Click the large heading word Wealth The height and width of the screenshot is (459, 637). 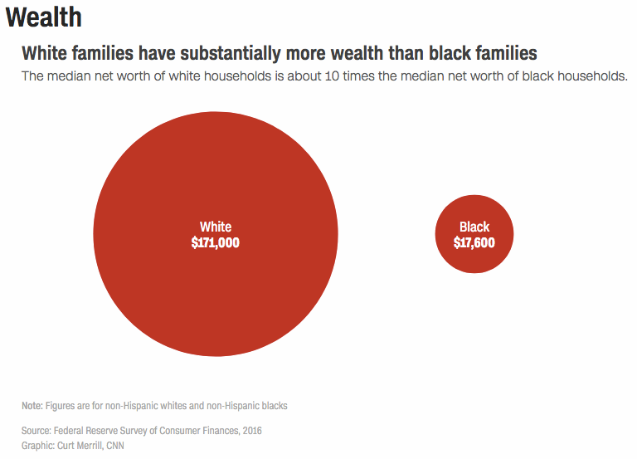[43, 17]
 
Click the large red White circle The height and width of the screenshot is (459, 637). [215, 282]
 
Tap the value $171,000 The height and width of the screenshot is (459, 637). [215, 242]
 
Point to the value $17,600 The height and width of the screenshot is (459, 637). [474, 242]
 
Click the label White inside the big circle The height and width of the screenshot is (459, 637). [215, 227]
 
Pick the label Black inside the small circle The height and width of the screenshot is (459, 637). [474, 227]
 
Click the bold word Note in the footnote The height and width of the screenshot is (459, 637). [32, 406]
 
